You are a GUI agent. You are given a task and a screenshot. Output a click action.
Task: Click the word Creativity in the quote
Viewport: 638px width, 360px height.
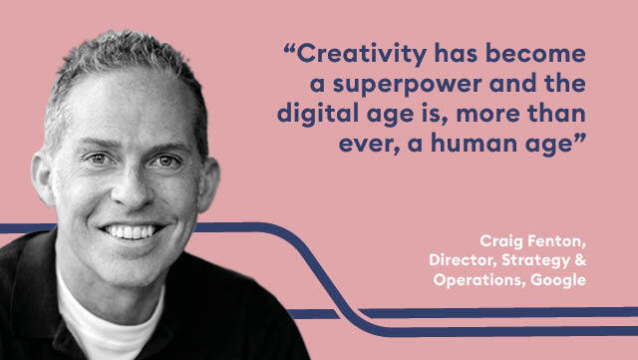click(362, 55)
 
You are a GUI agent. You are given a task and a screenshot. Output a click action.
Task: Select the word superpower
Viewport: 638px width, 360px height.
click(408, 85)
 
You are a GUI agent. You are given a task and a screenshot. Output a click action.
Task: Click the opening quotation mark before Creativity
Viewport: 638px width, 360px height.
click(289, 48)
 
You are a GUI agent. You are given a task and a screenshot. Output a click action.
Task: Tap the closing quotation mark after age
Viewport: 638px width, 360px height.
click(580, 138)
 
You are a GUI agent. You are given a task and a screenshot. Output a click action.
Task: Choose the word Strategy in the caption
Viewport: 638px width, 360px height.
click(536, 261)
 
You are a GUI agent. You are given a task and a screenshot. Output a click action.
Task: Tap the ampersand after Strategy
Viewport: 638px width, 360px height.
click(581, 260)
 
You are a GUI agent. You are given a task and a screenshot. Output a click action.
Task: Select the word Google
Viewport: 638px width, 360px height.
click(558, 280)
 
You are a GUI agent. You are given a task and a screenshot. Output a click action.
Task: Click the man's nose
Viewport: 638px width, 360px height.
click(131, 187)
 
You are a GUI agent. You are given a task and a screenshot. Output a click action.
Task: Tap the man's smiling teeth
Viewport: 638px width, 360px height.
click(130, 232)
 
